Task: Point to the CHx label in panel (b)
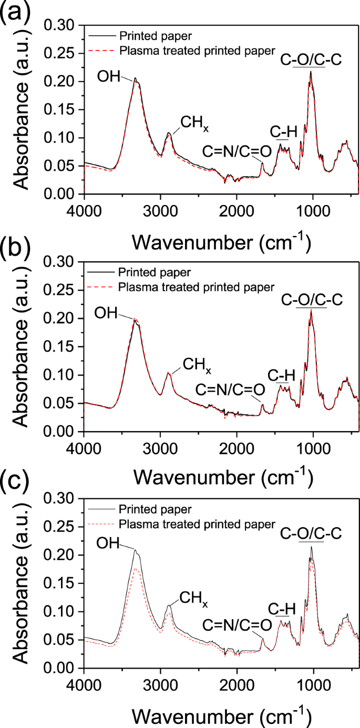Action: [x=197, y=364]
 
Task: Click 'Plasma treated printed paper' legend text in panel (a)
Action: [x=197, y=50]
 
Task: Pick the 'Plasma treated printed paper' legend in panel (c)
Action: [x=197, y=524]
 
